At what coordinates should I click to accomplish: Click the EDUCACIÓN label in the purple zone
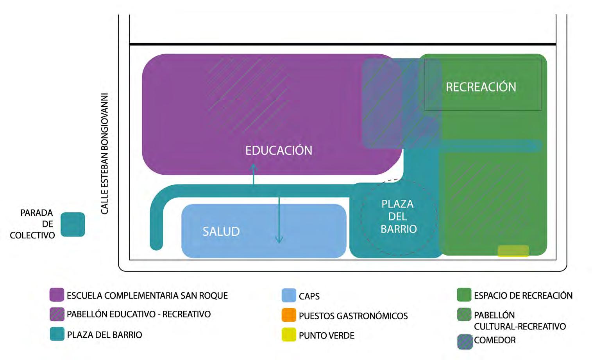point(279,150)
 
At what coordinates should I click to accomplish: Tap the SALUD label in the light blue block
point(221,231)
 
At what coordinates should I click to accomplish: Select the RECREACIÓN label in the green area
point(481,87)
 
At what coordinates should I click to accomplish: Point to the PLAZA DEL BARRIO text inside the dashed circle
point(398,216)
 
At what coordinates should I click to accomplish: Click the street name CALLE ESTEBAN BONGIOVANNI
point(105,154)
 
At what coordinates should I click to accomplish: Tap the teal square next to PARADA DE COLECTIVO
point(73,224)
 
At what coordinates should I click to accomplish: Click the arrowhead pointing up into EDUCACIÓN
point(254,168)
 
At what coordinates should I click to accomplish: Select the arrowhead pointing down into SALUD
point(279,240)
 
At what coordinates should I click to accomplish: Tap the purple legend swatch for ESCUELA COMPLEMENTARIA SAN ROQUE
point(57,295)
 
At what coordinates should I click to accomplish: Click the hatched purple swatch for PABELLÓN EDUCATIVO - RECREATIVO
point(57,314)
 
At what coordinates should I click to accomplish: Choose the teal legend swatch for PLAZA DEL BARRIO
point(57,334)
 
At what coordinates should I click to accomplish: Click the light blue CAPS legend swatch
point(289,296)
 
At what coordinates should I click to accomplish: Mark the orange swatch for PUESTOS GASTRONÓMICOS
point(289,315)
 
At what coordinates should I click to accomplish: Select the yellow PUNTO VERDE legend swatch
point(289,335)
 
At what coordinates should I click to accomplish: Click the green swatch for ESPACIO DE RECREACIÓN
point(464,295)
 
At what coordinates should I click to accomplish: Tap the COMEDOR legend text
point(495,340)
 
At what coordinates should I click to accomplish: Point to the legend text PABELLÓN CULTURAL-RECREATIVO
point(520,321)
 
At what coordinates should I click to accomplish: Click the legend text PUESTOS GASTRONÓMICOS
point(353,316)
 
